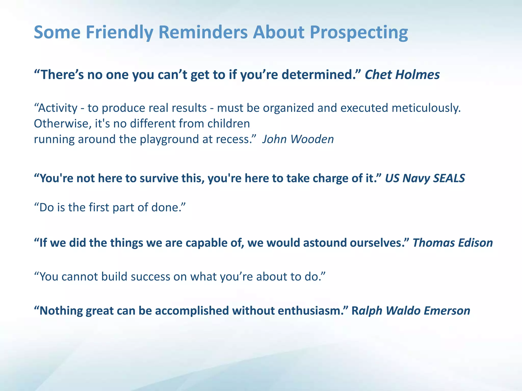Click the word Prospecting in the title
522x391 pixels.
(x=359, y=33)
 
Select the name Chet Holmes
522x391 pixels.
(x=402, y=75)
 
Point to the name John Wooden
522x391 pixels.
(x=298, y=139)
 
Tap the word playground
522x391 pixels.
(x=170, y=139)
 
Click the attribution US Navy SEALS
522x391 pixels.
(x=425, y=178)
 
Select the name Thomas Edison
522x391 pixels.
(x=453, y=243)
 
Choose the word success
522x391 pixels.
(x=150, y=277)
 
